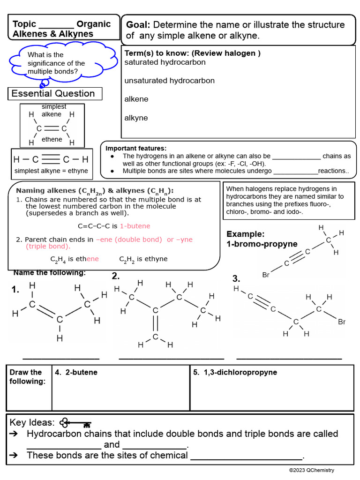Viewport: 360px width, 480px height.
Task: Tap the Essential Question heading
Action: point(53,94)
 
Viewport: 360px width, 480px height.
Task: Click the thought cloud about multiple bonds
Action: point(56,63)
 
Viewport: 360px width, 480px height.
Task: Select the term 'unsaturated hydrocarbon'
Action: point(169,81)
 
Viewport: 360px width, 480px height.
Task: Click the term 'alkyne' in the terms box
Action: point(136,118)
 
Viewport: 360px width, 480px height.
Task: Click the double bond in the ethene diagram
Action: point(52,128)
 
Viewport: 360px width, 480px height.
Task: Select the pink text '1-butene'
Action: point(135,226)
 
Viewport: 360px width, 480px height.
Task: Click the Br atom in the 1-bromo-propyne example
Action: point(266,275)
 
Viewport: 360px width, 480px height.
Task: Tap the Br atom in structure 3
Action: point(342,322)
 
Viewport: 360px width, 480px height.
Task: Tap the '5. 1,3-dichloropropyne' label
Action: point(235,373)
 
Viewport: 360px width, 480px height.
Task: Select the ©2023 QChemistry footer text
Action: point(311,470)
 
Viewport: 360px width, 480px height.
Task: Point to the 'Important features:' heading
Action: point(135,148)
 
